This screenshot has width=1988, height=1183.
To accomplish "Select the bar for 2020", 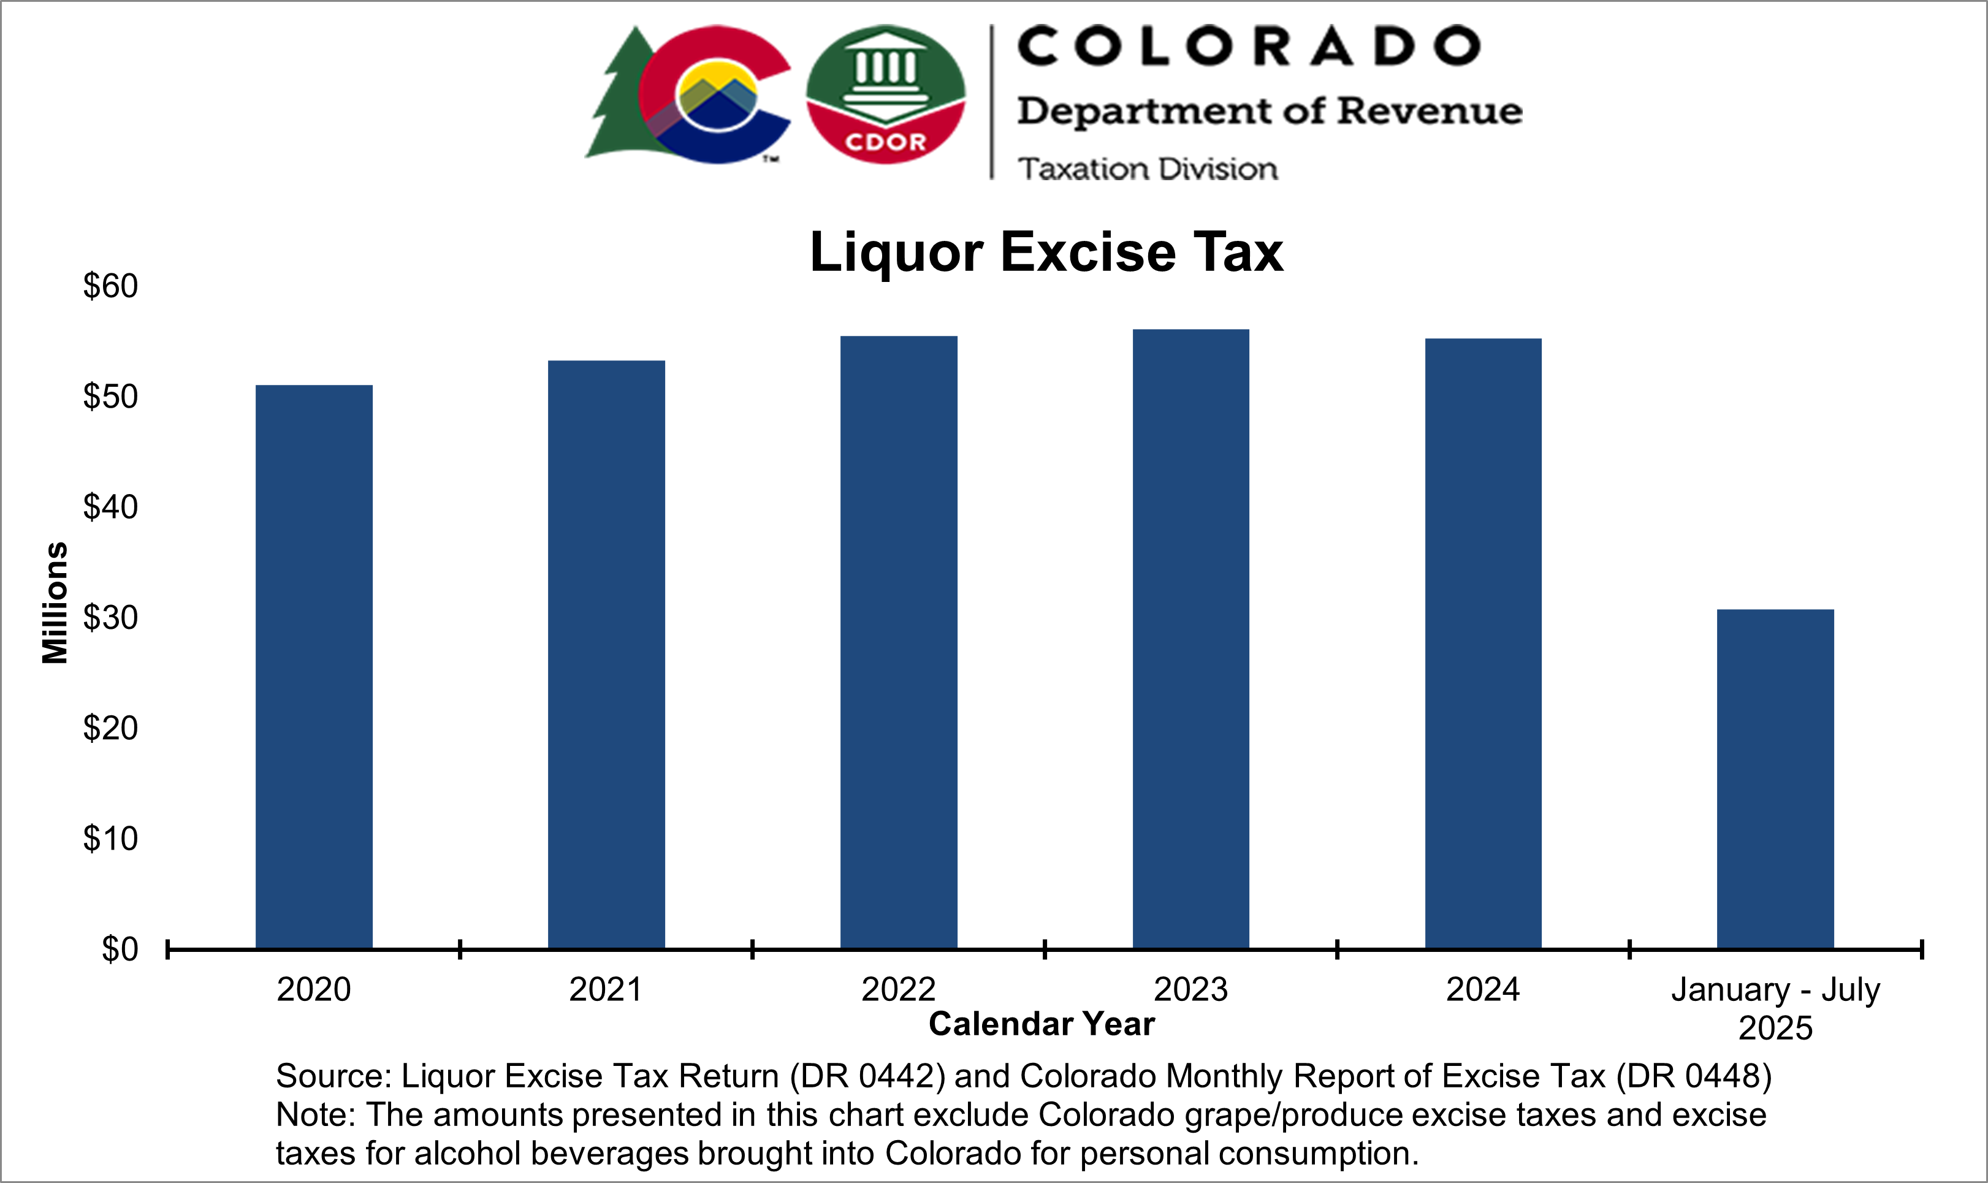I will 313,666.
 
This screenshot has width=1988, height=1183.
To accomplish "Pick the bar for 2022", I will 898,642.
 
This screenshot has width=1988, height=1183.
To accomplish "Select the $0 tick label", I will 120,949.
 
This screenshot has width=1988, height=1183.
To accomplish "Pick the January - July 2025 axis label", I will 1775,1008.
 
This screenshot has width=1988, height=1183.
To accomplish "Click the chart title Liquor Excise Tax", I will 1046,252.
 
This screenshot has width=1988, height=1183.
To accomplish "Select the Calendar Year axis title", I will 1041,1024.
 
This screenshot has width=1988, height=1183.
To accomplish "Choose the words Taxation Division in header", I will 1147,169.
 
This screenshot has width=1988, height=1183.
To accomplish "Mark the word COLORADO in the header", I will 1248,46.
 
